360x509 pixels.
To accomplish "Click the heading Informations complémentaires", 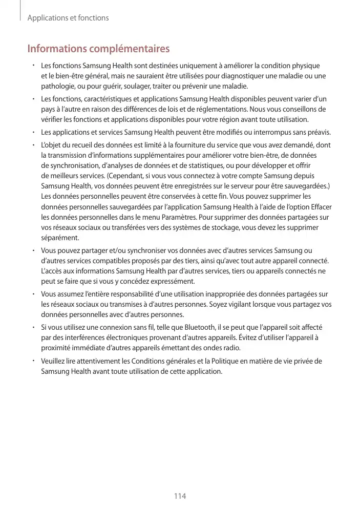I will click(x=98, y=49).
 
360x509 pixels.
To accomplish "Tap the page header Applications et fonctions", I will click(x=68, y=18).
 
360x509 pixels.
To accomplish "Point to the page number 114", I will click(x=180, y=496).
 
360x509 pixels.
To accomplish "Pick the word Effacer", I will click(x=320, y=207).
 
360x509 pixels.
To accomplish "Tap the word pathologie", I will click(x=57, y=86).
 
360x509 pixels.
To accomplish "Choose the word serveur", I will click(x=232, y=186).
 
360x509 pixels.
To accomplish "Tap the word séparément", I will click(x=60, y=238).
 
